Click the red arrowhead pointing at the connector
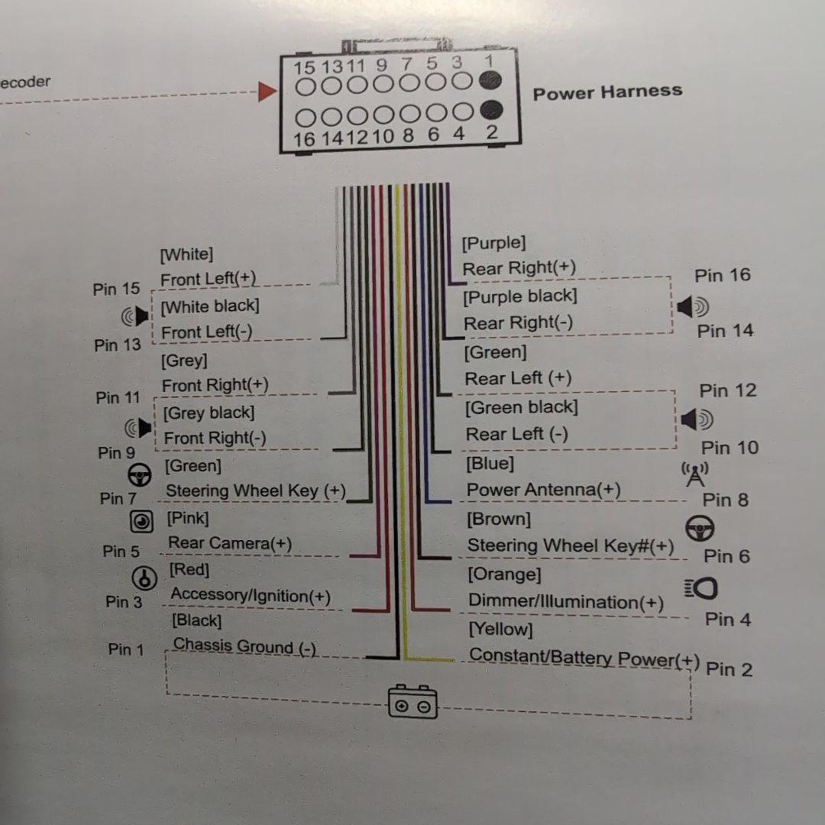pos(267,92)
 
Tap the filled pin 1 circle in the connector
pos(490,79)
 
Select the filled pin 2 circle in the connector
pos(491,110)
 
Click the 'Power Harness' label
pos(607,92)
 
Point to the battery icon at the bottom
pos(413,701)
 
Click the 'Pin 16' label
pos(722,275)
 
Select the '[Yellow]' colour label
pos(500,629)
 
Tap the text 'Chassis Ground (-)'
pos(244,646)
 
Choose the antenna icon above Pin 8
pos(695,474)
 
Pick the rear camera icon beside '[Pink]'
pos(141,522)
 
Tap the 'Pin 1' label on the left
pos(125,649)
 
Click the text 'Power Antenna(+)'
pos(543,490)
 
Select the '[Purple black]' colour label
pos(519,296)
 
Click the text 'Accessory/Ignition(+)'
pos(251,595)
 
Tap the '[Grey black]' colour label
pos(209,413)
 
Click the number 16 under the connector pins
pos(304,138)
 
